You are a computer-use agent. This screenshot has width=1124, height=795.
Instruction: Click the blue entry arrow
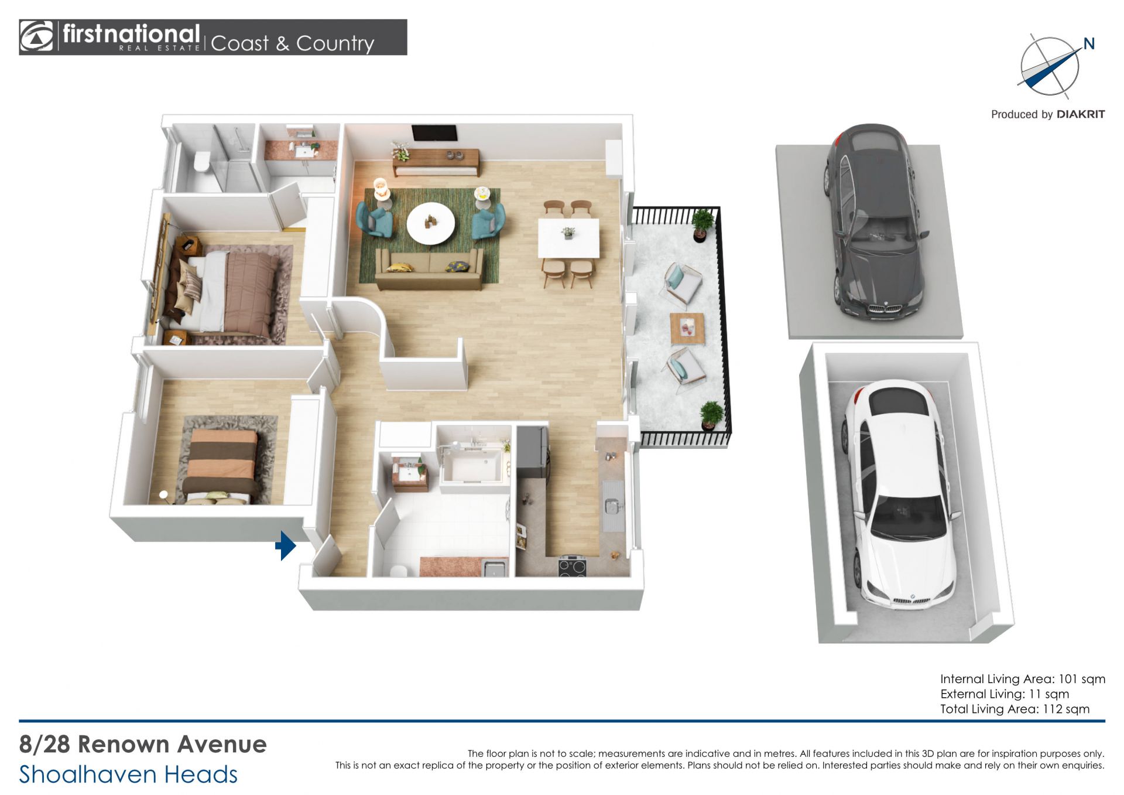coord(286,545)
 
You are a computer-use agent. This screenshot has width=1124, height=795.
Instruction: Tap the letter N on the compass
coord(1089,43)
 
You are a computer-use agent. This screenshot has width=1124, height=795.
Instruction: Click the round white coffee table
coord(431,223)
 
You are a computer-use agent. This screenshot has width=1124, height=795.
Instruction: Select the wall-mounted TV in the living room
coord(434,133)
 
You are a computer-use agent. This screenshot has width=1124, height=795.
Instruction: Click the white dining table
coord(569,238)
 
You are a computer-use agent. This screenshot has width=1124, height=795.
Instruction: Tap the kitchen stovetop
coord(572,567)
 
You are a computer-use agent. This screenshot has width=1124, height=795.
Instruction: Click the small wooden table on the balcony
coord(687,329)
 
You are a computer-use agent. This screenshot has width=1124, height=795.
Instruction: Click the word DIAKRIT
coord(1081,114)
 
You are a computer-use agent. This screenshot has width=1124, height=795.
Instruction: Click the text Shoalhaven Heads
coord(128,774)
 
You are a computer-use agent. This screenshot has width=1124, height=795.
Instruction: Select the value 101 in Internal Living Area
coord(1068,679)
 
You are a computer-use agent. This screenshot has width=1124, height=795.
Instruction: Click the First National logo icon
coord(36,37)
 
